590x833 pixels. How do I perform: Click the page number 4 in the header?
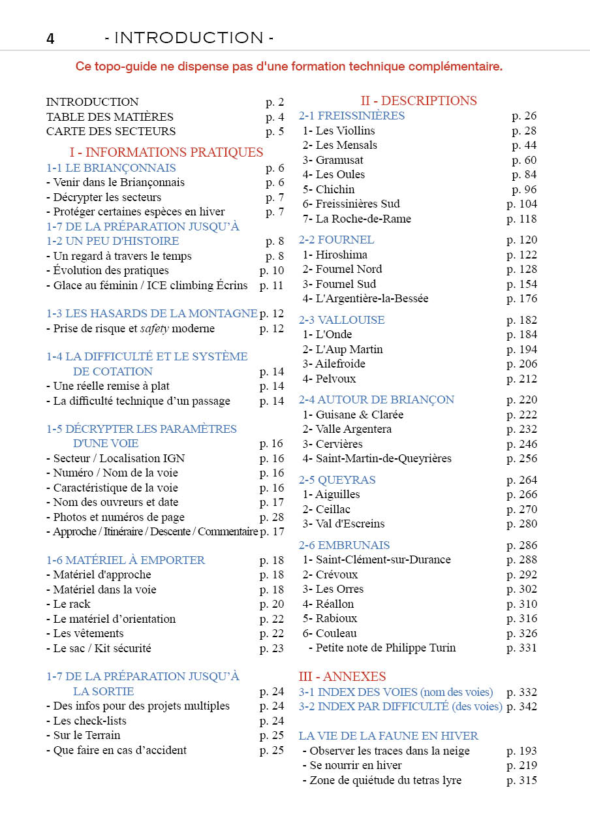coord(50,39)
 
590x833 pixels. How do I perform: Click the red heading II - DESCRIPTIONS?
coord(418,101)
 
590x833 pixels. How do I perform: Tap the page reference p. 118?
coord(521,219)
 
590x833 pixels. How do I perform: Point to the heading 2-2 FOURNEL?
coord(336,240)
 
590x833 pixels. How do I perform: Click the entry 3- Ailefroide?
coord(334,364)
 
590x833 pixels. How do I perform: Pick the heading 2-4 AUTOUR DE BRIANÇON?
coord(376,400)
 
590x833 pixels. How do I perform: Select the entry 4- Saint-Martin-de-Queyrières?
coord(377,458)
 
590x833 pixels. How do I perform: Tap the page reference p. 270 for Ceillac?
coord(521,509)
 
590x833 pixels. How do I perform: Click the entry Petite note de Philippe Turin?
coord(385,648)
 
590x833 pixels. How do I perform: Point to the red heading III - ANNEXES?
coord(342,676)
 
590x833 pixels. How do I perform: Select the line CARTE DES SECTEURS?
coord(111,131)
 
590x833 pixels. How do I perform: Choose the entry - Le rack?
coord(69,604)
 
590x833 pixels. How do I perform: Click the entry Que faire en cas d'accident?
coord(119,750)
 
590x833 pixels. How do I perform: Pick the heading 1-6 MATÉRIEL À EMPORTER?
coord(125,560)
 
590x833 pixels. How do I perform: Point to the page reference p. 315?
coord(521,780)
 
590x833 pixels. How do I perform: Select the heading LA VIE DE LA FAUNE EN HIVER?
coord(388,736)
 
